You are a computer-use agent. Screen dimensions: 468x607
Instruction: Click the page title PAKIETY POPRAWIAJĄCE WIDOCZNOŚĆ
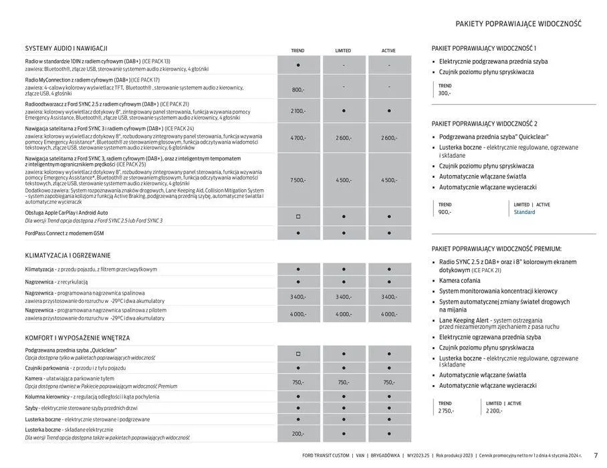click(x=518, y=23)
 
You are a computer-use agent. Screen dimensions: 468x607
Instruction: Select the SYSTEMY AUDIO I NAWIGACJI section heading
click(x=66, y=48)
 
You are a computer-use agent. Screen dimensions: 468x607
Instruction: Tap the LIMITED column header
click(x=343, y=51)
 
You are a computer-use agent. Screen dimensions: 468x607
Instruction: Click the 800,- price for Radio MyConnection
click(x=298, y=90)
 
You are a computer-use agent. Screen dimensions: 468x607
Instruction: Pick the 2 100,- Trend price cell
click(x=298, y=111)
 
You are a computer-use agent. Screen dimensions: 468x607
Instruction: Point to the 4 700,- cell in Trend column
click(x=298, y=138)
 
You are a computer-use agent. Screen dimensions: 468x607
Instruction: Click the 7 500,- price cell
click(x=298, y=180)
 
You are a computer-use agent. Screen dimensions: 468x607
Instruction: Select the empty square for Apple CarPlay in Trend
click(x=298, y=217)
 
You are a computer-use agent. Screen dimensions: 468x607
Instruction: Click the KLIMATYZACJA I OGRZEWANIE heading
click(x=68, y=255)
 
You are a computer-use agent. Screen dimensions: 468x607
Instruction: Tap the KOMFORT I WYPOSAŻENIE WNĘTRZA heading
click(x=78, y=338)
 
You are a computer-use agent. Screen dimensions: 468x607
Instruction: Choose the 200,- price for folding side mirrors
click(x=298, y=434)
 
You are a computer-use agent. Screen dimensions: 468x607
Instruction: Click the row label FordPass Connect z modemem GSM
click(x=65, y=233)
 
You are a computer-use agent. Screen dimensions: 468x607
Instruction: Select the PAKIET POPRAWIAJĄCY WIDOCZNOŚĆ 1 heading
click(x=484, y=48)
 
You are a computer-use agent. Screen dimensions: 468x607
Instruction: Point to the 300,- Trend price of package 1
click(x=445, y=93)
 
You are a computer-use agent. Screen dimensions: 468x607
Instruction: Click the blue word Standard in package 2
click(x=524, y=212)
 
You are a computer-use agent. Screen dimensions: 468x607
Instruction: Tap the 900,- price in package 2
click(x=445, y=212)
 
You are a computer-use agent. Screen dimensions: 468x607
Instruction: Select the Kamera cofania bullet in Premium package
click(x=462, y=280)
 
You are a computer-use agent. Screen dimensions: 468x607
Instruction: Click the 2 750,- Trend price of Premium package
click(x=446, y=411)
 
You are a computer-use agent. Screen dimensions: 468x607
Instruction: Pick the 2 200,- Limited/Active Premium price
click(x=495, y=411)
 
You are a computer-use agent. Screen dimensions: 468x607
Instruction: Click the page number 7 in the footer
click(x=596, y=455)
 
